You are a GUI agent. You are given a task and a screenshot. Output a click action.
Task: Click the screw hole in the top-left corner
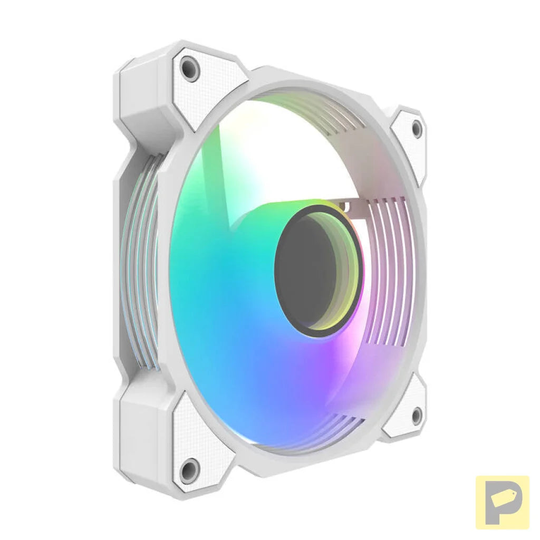click(189, 68)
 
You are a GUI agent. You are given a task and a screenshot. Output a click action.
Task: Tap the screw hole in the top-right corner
click(417, 128)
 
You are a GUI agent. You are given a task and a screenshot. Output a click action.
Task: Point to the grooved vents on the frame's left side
click(138, 264)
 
